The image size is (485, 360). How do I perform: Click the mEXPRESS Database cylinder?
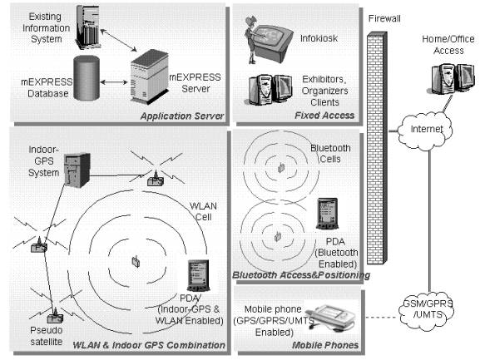(87, 78)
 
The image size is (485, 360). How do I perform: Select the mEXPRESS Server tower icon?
(150, 77)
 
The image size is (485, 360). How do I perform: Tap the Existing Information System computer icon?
(88, 26)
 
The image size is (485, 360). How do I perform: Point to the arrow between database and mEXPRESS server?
(114, 82)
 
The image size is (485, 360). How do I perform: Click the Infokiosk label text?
(319, 38)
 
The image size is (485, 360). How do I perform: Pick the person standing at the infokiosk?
(252, 40)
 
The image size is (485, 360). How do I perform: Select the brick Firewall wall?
(377, 148)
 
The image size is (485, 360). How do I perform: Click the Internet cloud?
(426, 130)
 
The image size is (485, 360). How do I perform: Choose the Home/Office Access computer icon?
(453, 79)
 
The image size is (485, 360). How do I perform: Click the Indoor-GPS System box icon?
(77, 170)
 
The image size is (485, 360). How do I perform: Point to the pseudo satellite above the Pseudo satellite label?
(55, 315)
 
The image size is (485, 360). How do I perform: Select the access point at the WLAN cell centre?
(136, 262)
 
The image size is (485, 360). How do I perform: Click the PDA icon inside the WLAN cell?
(199, 276)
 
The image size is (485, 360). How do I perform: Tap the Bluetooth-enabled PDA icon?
(327, 214)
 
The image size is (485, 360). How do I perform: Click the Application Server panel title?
(182, 116)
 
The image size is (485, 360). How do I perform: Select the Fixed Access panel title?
(324, 116)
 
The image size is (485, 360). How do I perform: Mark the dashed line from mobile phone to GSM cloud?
(381, 317)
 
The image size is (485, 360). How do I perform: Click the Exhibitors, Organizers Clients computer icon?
(270, 89)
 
